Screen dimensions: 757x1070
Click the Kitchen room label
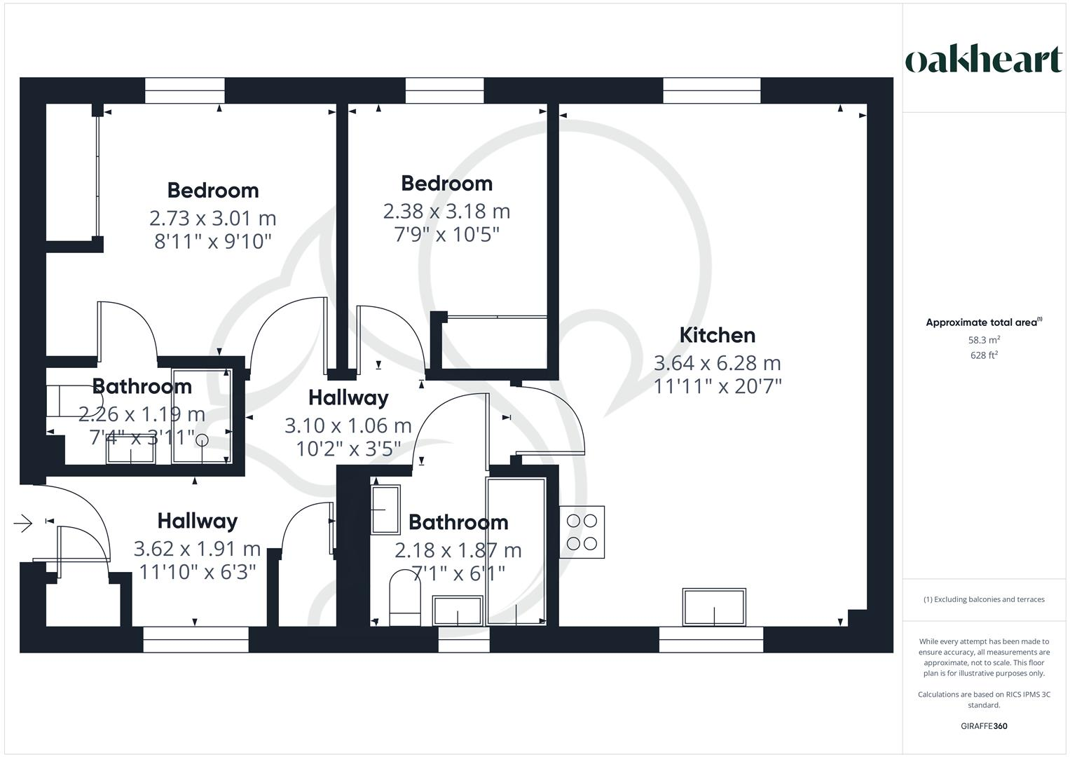point(717,335)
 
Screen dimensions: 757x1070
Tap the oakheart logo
point(983,60)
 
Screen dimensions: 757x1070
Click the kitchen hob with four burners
point(582,532)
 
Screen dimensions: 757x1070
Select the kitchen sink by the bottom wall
point(714,607)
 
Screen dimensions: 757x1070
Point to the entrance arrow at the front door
point(23,523)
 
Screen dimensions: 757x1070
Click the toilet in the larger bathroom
point(404,597)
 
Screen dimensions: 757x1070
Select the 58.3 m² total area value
point(983,340)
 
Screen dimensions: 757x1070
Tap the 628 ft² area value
point(983,355)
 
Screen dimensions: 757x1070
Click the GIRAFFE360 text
point(983,726)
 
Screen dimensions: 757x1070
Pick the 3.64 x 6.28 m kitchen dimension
point(717,363)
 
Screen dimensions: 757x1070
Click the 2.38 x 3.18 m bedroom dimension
point(446,211)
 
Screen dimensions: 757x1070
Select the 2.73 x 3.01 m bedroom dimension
point(212,218)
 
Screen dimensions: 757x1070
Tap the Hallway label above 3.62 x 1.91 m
point(197,521)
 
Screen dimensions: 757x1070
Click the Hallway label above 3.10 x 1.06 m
point(348,397)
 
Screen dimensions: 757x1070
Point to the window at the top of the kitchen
point(711,90)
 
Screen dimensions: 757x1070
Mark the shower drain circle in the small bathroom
point(202,440)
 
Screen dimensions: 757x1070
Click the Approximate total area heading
point(983,322)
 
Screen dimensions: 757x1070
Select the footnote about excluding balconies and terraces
point(983,599)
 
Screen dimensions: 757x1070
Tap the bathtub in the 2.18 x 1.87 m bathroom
point(516,550)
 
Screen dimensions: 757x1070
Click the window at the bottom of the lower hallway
point(196,639)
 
